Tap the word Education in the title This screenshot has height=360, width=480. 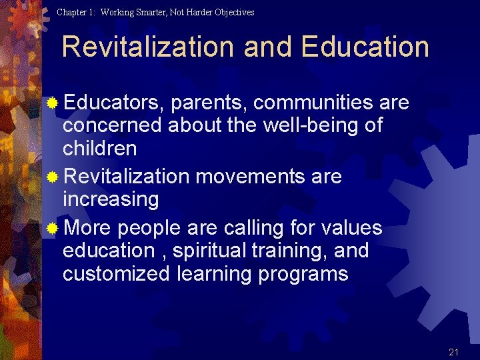pos(365,47)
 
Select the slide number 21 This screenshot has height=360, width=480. pos(454,352)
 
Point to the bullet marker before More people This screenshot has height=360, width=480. pos(53,229)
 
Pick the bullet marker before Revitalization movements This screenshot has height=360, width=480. pos(53,177)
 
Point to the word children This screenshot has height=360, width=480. pos(99,148)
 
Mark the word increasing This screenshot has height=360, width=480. pos(111,200)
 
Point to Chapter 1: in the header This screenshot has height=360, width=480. pos(76,12)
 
